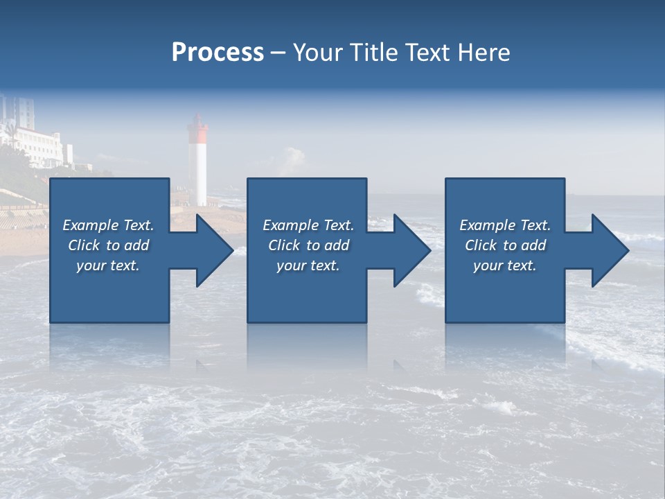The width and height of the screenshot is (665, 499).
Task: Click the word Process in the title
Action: pyautogui.click(x=218, y=53)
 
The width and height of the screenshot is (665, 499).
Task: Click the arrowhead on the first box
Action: pyautogui.click(x=211, y=250)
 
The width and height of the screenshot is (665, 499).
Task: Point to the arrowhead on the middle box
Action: pyautogui.click(x=409, y=250)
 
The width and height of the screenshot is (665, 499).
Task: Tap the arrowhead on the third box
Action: pyautogui.click(x=607, y=250)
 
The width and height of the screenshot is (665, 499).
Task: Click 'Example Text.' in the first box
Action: pyautogui.click(x=108, y=225)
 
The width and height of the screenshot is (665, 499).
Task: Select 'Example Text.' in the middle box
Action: pyautogui.click(x=308, y=225)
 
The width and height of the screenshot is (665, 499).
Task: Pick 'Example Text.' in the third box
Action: pyautogui.click(x=505, y=225)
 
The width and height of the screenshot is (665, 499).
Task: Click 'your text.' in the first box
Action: pyautogui.click(x=108, y=265)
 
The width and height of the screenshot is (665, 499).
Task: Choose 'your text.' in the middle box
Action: pyautogui.click(x=308, y=265)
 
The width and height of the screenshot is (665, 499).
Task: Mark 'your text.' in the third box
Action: pyautogui.click(x=505, y=265)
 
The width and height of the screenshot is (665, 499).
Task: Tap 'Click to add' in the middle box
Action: pyautogui.click(x=308, y=245)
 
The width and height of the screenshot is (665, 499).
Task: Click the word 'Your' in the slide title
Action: pyautogui.click(x=317, y=53)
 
